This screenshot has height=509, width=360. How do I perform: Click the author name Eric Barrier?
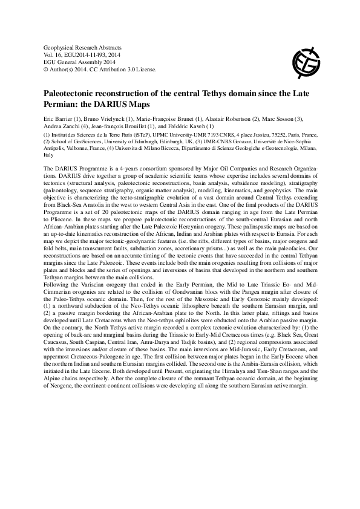(x=59, y=118)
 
